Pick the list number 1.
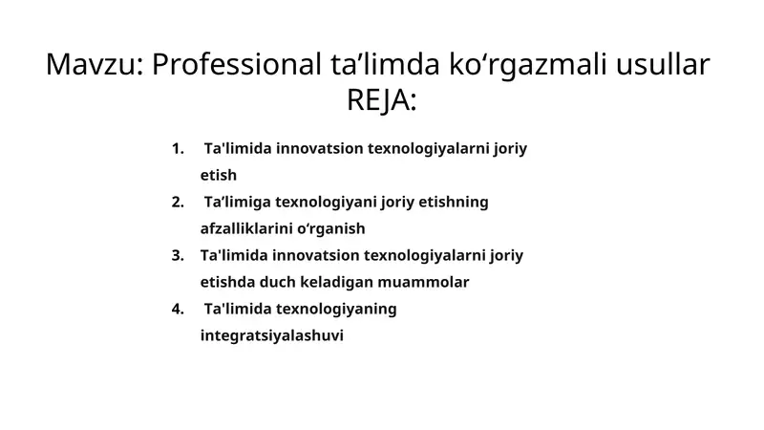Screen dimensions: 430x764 click(177, 149)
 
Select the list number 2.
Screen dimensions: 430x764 click(177, 203)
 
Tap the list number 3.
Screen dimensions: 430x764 click(177, 256)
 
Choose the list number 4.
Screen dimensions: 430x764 click(177, 310)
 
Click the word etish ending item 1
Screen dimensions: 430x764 click(219, 176)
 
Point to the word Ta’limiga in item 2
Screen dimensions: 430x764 click(237, 203)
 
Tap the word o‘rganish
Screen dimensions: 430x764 click(332, 229)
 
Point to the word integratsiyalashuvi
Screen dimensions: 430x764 click(271, 336)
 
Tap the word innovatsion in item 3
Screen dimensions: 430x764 click(314, 256)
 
